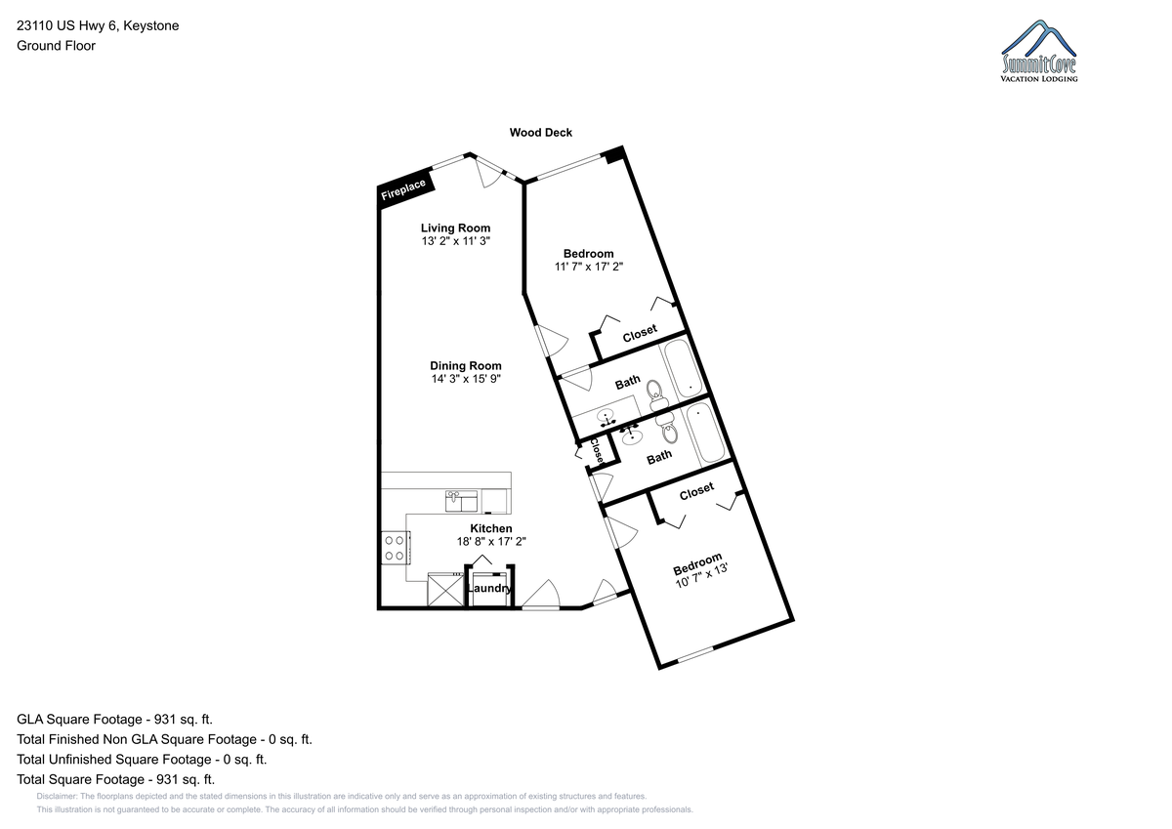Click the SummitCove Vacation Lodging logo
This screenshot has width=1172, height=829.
(1038, 51)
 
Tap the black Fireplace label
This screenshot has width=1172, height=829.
(404, 189)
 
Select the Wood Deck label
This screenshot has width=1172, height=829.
(540, 133)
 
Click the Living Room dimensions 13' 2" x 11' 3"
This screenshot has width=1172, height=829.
(456, 241)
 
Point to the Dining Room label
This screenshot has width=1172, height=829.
(466, 365)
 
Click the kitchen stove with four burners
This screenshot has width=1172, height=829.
(396, 548)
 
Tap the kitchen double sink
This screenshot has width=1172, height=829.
(461, 501)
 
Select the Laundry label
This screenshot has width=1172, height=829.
(489, 589)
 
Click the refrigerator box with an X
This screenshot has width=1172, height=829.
(445, 590)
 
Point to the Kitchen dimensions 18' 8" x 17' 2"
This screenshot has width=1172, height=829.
(490, 541)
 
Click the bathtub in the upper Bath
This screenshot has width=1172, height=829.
(683, 369)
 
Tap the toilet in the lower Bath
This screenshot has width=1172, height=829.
(668, 429)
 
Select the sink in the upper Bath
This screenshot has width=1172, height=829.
(606, 417)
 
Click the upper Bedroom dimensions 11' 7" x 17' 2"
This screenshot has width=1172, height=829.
(589, 267)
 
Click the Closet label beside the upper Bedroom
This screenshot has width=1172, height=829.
(640, 333)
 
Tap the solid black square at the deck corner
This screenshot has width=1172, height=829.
(613, 155)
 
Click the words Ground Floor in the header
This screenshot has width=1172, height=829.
(56, 46)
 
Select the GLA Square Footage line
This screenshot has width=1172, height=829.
(114, 720)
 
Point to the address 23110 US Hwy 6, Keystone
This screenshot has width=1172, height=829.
(98, 25)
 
